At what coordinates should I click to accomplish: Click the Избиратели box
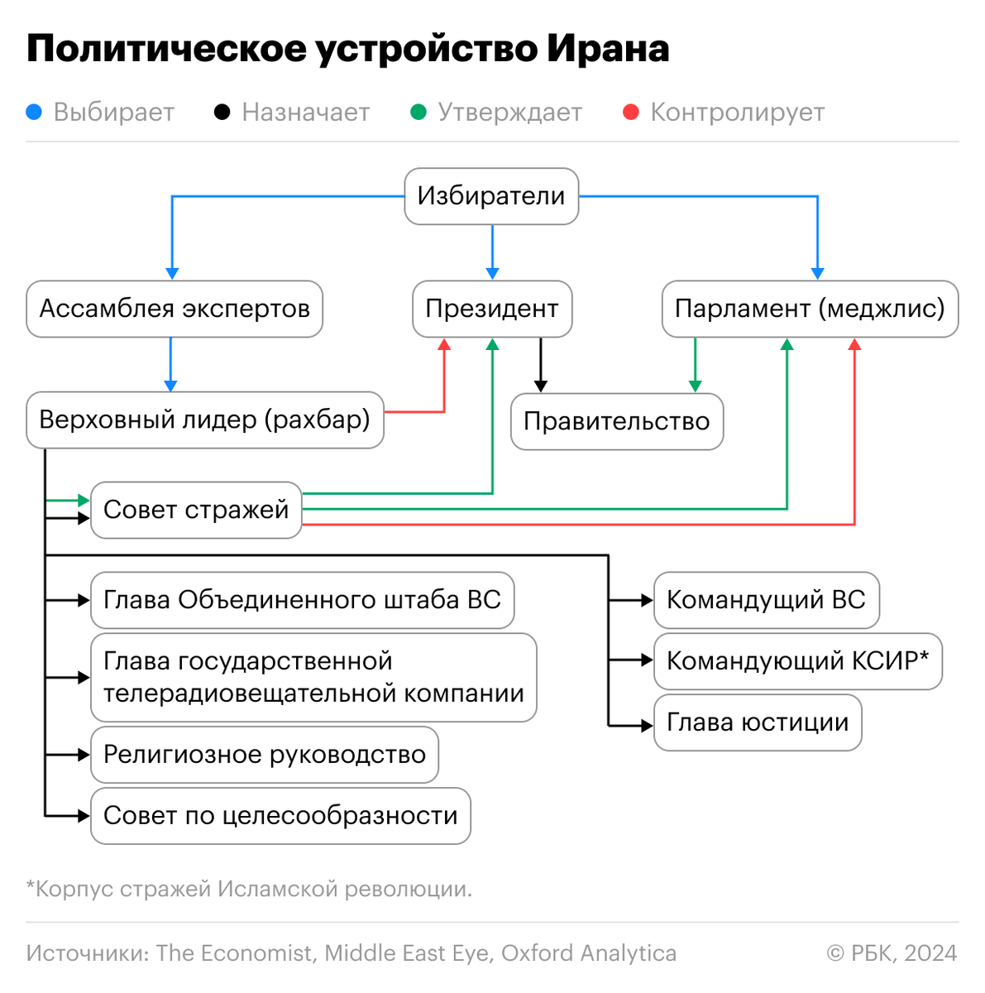(x=491, y=196)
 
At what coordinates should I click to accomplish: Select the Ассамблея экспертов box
(x=175, y=309)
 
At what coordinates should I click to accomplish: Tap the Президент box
(x=492, y=309)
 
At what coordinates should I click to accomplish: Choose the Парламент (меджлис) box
(x=810, y=309)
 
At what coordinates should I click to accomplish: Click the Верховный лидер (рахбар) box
(x=205, y=420)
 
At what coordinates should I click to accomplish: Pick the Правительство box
(x=617, y=421)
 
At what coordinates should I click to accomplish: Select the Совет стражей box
(x=196, y=510)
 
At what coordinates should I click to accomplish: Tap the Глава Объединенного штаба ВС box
(x=302, y=600)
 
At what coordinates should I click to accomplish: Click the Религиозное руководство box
(x=265, y=755)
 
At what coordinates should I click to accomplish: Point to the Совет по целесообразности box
(x=280, y=816)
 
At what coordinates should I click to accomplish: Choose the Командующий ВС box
(x=766, y=600)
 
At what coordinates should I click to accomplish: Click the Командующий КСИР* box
(x=798, y=661)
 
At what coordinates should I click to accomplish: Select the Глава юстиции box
(x=758, y=722)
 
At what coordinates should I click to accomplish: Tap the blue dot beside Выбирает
(x=34, y=112)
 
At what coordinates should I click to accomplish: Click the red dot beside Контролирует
(x=631, y=112)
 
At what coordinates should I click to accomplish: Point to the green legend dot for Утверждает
(x=418, y=112)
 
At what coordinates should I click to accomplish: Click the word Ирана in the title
(x=608, y=49)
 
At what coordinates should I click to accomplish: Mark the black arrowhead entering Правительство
(x=541, y=386)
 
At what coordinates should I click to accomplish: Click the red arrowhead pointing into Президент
(x=445, y=344)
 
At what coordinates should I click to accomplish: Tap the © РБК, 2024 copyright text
(x=892, y=953)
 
